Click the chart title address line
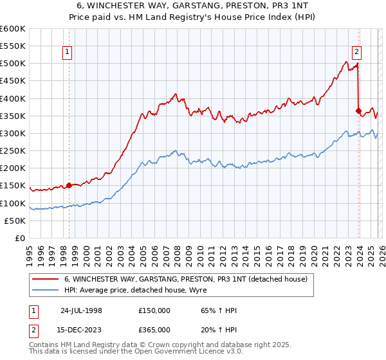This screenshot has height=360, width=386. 193,6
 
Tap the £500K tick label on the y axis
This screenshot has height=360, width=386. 13,64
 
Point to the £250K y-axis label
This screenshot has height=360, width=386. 13,151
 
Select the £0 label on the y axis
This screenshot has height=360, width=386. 20,239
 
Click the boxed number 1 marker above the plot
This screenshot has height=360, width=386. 67,53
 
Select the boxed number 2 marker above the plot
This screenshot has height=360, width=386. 356,53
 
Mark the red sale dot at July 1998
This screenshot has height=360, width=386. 69,186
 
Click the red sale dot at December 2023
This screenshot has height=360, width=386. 358,111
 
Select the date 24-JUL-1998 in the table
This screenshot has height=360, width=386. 81,310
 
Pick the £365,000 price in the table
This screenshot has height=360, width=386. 154,329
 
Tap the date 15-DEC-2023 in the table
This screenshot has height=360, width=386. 81,329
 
